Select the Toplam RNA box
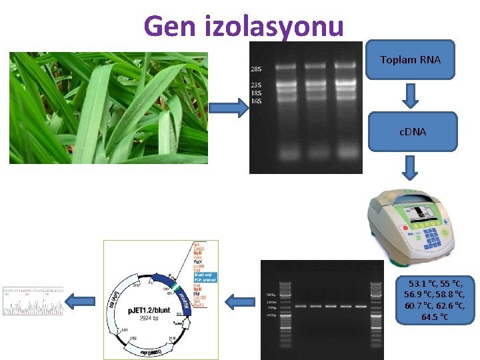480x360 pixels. pos(411,60)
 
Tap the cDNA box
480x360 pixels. pos(412,131)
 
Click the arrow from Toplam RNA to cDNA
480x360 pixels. pos(411,96)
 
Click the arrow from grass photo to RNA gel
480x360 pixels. pos(229,107)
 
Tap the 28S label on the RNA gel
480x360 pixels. pos(255,69)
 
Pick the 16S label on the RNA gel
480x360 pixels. pos(255,101)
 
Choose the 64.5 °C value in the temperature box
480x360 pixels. pos(435,317)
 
